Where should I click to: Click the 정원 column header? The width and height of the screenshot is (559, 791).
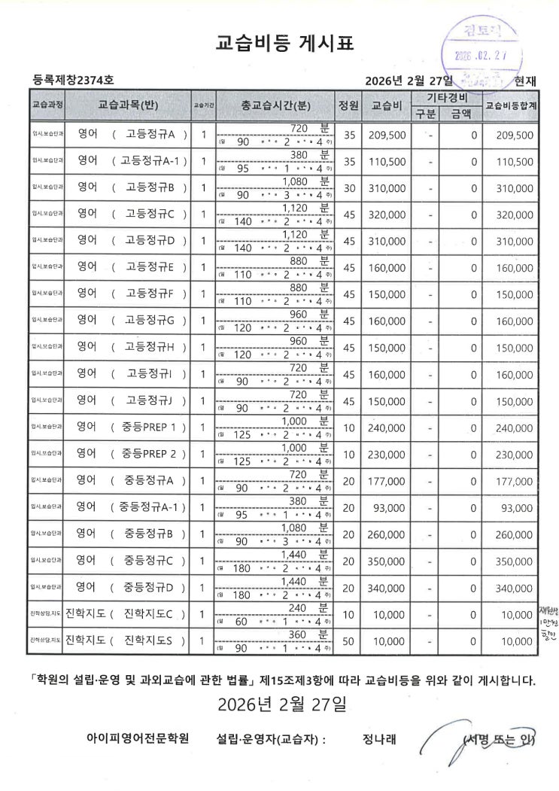348,105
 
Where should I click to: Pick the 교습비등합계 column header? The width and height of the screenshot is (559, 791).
511,105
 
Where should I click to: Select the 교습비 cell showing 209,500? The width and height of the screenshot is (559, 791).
387,135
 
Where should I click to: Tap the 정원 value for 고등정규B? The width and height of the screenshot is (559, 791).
348,188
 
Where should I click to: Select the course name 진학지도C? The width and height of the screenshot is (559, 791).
149,614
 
